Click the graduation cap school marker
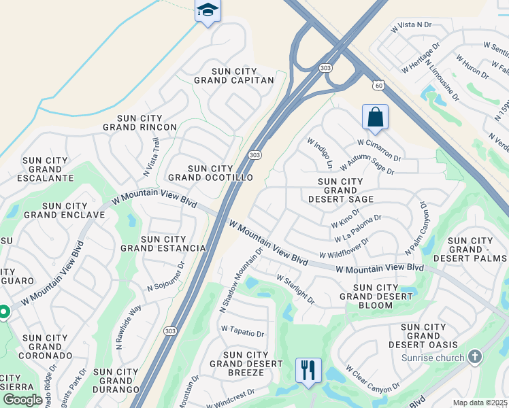(x=208, y=11)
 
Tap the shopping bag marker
(x=375, y=117)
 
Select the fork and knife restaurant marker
(x=308, y=371)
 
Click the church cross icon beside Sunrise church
(x=475, y=357)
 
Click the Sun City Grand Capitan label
(x=233, y=75)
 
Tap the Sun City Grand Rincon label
(x=139, y=122)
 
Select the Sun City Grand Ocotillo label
(x=210, y=173)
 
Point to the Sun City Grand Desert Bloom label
(x=375, y=296)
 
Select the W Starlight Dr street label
(x=296, y=289)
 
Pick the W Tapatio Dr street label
(x=242, y=333)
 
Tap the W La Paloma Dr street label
(x=358, y=228)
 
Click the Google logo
(x=23, y=400)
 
